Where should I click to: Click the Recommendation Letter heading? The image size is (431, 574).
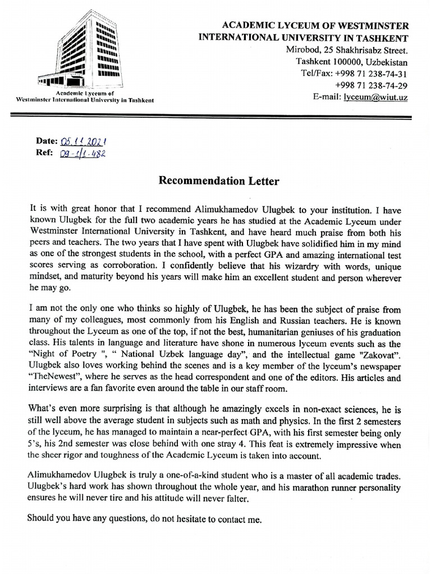tap(218, 180)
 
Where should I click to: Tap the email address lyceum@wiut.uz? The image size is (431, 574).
tap(375, 97)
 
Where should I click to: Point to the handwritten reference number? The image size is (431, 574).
tap(82, 153)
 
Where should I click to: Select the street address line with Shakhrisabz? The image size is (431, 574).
tap(347, 50)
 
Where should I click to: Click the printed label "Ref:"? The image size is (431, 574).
tap(44, 153)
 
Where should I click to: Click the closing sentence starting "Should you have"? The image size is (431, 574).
tap(144, 519)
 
